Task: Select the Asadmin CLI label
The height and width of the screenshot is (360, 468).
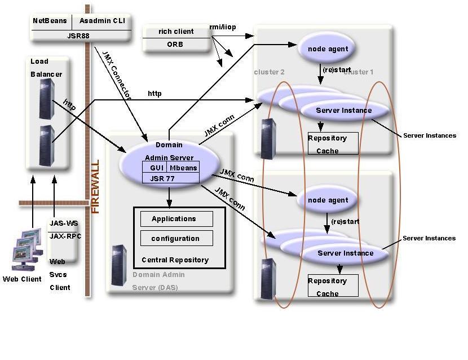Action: point(104,21)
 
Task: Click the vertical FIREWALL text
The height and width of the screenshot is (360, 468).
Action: point(95,186)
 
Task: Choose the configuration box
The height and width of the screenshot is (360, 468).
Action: point(176,239)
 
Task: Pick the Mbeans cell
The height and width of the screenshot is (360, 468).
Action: point(183,168)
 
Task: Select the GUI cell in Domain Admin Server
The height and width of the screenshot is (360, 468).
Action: point(157,168)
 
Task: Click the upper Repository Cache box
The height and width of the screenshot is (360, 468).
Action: point(332,144)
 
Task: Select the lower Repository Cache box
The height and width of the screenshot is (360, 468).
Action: point(332,287)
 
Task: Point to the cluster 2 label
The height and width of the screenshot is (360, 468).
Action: point(269,72)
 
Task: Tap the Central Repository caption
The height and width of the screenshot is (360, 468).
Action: point(175,260)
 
